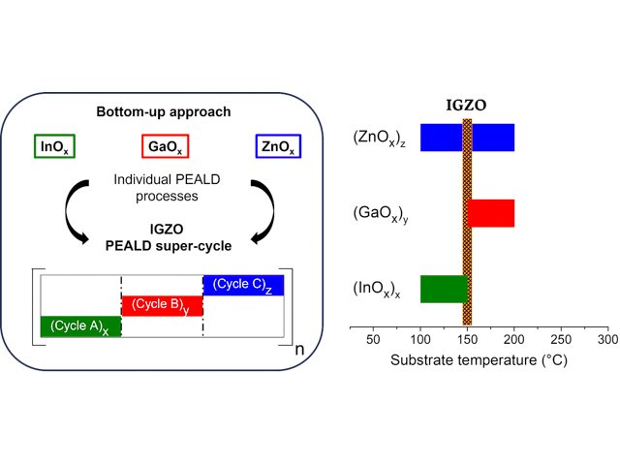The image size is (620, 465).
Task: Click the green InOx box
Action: click(54, 147)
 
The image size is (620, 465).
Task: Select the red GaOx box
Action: click(162, 147)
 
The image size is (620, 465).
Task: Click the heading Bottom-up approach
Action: click(163, 112)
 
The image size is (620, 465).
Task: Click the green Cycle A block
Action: click(80, 326)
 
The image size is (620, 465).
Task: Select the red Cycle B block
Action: click(162, 305)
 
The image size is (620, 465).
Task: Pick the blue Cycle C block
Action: click(243, 285)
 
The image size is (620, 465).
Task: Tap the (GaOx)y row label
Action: click(383, 212)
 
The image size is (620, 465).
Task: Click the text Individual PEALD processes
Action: click(163, 187)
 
